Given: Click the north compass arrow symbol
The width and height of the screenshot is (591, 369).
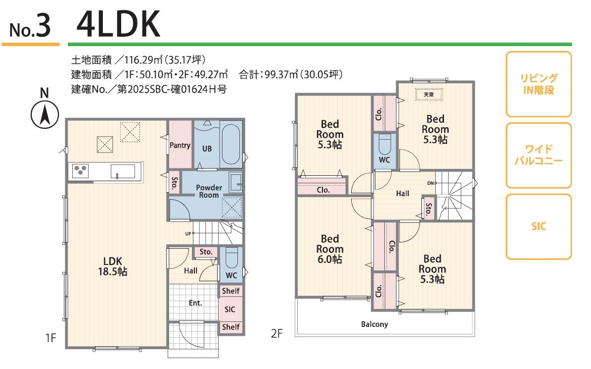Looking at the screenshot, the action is tap(45, 115).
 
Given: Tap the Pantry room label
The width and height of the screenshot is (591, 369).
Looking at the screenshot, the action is tap(180, 145).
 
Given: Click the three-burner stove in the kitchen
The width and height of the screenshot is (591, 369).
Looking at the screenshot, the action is tap(80, 171).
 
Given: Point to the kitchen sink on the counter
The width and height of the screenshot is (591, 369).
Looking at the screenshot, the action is tap(123, 171).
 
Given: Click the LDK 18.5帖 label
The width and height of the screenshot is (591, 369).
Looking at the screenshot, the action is tap(113, 266).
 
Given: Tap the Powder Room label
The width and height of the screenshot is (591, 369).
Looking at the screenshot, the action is tap(209, 191).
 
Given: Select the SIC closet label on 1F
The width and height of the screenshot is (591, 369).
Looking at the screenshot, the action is tap(230, 310).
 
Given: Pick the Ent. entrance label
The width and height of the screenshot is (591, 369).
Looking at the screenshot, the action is tap(195, 303).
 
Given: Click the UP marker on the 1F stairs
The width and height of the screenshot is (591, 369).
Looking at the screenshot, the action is tap(188, 234).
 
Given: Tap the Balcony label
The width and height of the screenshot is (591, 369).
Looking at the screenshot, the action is tap(374, 324).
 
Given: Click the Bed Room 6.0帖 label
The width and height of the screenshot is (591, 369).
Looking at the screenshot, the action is tap(330, 249).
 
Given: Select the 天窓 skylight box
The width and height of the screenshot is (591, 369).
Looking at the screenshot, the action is tap(429, 94).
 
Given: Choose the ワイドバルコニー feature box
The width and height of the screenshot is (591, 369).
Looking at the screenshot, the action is tap(539, 155).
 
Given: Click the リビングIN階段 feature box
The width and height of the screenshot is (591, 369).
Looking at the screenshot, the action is tap(539, 84).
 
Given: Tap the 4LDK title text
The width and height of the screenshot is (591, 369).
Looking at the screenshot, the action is tap(118, 25).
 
